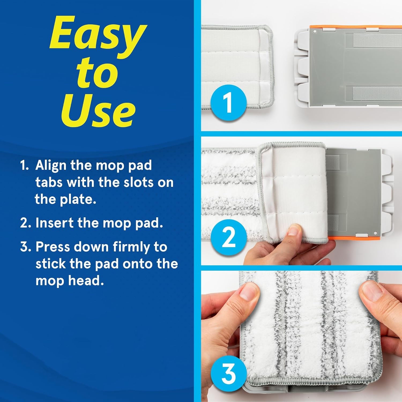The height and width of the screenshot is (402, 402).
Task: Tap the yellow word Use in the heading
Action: [98, 110]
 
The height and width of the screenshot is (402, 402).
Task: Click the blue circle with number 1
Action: [228, 103]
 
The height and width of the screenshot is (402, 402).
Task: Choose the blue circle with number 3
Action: [228, 373]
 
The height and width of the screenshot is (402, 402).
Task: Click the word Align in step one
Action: [51, 165]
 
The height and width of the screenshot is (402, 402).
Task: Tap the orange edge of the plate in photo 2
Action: [354, 238]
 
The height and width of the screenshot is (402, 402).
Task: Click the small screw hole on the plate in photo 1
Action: [315, 31]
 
